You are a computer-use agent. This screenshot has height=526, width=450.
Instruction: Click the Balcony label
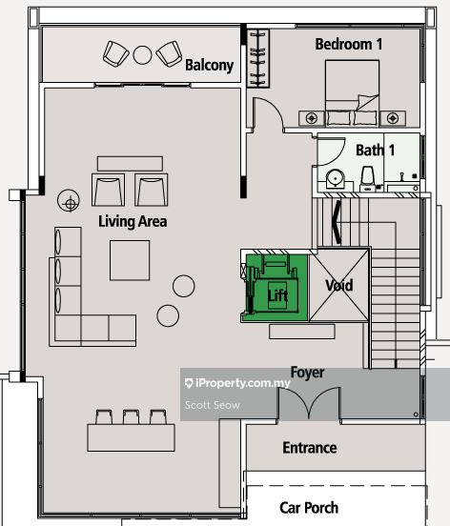(209, 65)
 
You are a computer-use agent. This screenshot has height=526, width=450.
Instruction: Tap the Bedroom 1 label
(349, 44)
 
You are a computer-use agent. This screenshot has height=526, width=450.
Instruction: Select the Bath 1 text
(376, 151)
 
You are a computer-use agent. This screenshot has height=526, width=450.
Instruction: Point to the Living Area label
(133, 222)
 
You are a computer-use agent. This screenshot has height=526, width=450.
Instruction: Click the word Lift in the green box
(277, 295)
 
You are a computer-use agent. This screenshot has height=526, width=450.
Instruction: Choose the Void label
(338, 286)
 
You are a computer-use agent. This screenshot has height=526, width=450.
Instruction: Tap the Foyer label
(307, 373)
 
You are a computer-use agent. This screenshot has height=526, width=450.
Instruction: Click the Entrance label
(310, 448)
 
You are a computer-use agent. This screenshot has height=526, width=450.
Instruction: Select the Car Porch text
(309, 508)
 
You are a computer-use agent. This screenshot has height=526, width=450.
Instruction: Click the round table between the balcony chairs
(142, 55)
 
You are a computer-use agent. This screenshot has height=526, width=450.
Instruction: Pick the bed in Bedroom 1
(352, 93)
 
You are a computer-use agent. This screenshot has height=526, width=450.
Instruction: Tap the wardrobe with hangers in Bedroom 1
(258, 58)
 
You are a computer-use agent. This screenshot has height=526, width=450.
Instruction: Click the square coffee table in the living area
(130, 260)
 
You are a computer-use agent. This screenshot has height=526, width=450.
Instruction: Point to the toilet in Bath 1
(368, 178)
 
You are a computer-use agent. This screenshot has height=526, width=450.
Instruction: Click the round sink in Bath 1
(335, 178)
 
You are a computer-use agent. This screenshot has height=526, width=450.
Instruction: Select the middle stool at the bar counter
(131, 417)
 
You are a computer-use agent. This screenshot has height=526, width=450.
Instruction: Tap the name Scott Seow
(213, 405)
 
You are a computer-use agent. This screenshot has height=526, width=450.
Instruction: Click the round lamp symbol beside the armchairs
(69, 201)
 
